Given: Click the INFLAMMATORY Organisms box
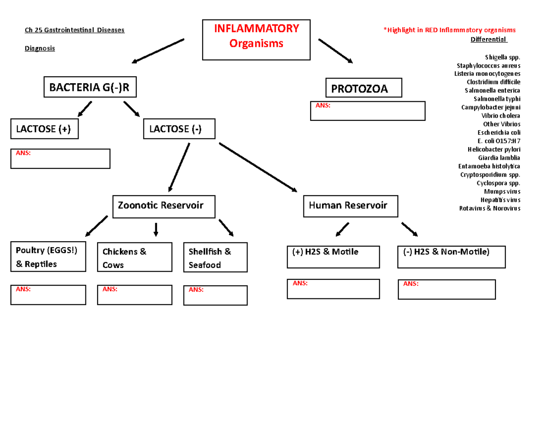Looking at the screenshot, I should pos(257,40).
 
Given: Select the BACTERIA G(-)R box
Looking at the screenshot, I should pos(89,87).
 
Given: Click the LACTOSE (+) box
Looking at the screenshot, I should pos(44,129).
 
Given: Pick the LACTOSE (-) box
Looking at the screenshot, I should pos(179,129).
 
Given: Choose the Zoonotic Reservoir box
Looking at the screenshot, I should pos(164,206).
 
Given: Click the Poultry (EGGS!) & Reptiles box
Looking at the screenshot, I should pos(49,257).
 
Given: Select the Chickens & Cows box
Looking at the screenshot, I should pos(134,258).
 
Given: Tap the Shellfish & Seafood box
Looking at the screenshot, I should pos(216,258).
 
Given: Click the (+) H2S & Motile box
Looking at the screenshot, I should pos(332,257).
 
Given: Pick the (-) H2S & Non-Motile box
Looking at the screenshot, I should pos(451,257).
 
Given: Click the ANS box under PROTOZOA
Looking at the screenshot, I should pos(367,111).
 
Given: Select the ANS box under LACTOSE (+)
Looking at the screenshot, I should pos(60,158).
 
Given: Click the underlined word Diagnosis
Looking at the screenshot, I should pos(40,48).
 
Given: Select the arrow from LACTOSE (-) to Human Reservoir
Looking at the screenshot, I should pos(258,167).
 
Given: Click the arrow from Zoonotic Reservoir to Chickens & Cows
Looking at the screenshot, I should pos(156,229).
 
